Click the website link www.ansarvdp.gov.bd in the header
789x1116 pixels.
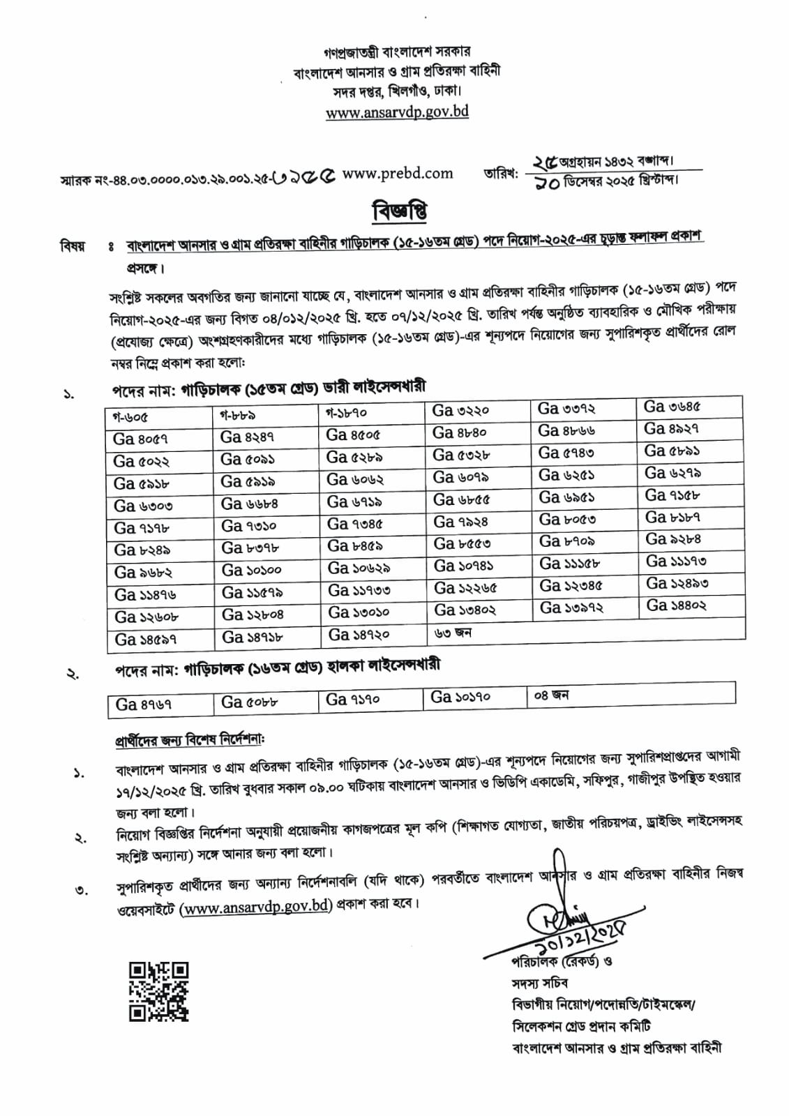397,112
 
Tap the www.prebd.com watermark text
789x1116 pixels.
398,174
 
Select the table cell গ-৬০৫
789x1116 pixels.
130,417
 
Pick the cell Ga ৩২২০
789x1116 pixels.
460,411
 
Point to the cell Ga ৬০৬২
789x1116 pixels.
356,479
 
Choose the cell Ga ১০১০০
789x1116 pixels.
251,571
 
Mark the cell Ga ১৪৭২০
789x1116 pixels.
359,635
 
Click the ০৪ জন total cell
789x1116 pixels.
551,695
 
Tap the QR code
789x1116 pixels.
158,991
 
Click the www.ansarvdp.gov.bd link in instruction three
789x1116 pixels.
255,907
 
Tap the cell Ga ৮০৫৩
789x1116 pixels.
567,520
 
